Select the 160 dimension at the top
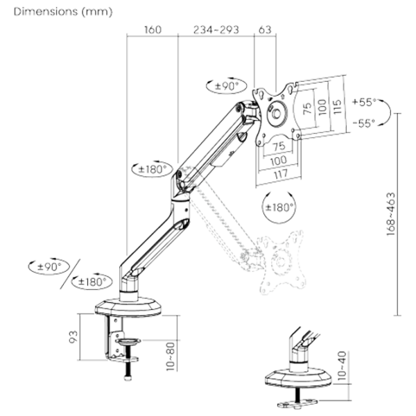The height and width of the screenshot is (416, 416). tap(153, 30)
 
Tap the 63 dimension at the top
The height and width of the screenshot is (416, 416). tap(263, 30)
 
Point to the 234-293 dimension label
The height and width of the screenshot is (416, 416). tap(216, 30)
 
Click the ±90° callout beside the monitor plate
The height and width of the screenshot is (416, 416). tap(226, 86)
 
